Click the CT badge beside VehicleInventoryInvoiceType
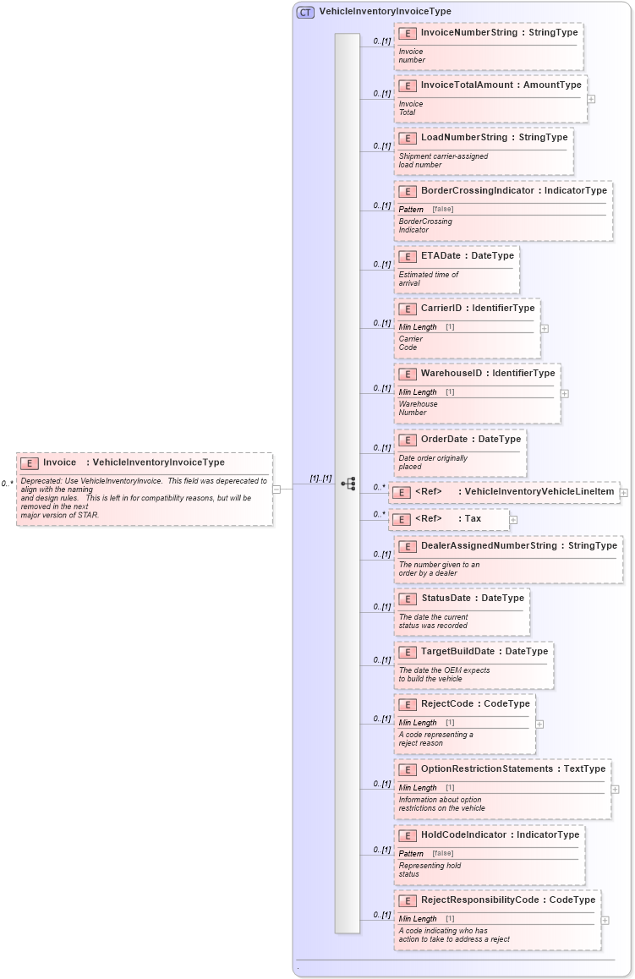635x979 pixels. coord(305,12)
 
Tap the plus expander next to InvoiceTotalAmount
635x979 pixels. coord(591,99)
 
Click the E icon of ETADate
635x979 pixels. coord(407,255)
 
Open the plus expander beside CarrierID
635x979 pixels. coord(545,328)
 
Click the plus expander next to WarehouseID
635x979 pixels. coord(564,393)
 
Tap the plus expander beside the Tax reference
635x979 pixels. coord(513,519)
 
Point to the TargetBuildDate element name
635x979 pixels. coord(460,651)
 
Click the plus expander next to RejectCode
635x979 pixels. coord(539,724)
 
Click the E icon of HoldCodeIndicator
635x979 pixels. coord(407,835)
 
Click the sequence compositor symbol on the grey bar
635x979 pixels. coord(348,484)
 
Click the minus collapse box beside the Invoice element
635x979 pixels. coord(276,489)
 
